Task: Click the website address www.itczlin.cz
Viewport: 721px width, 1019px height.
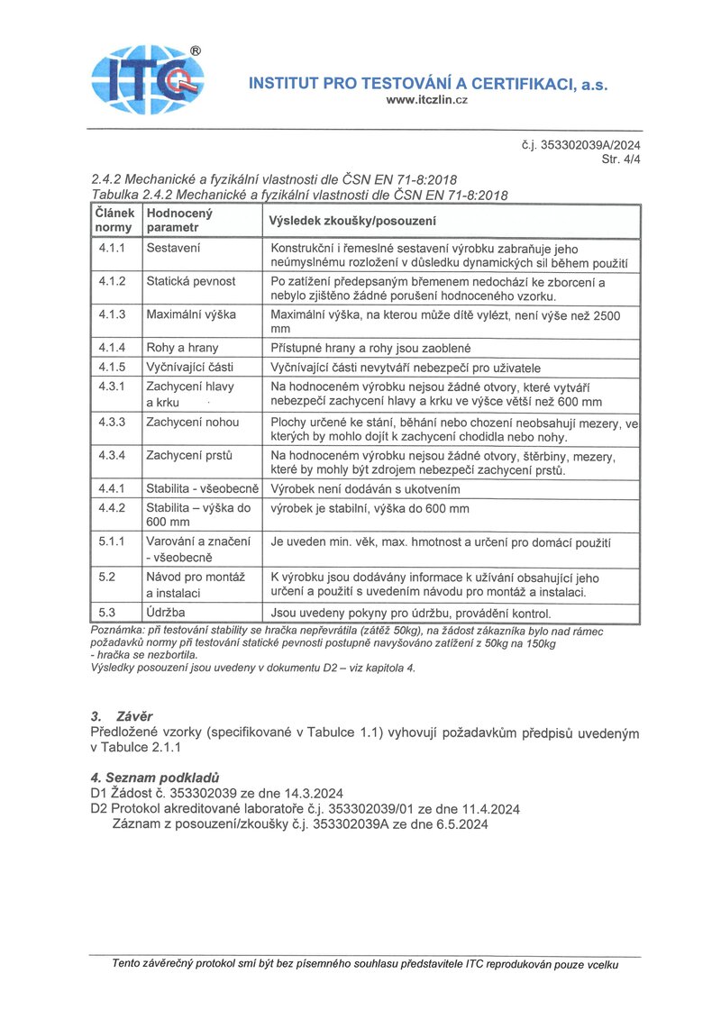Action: click(426, 99)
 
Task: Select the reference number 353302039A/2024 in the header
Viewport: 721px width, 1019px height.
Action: click(587, 145)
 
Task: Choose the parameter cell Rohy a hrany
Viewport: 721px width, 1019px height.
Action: click(182, 347)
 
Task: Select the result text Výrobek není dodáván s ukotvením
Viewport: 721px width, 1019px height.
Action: click(365, 488)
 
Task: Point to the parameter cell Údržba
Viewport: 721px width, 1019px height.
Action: click(166, 613)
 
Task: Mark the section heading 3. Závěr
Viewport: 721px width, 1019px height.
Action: click(122, 716)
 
